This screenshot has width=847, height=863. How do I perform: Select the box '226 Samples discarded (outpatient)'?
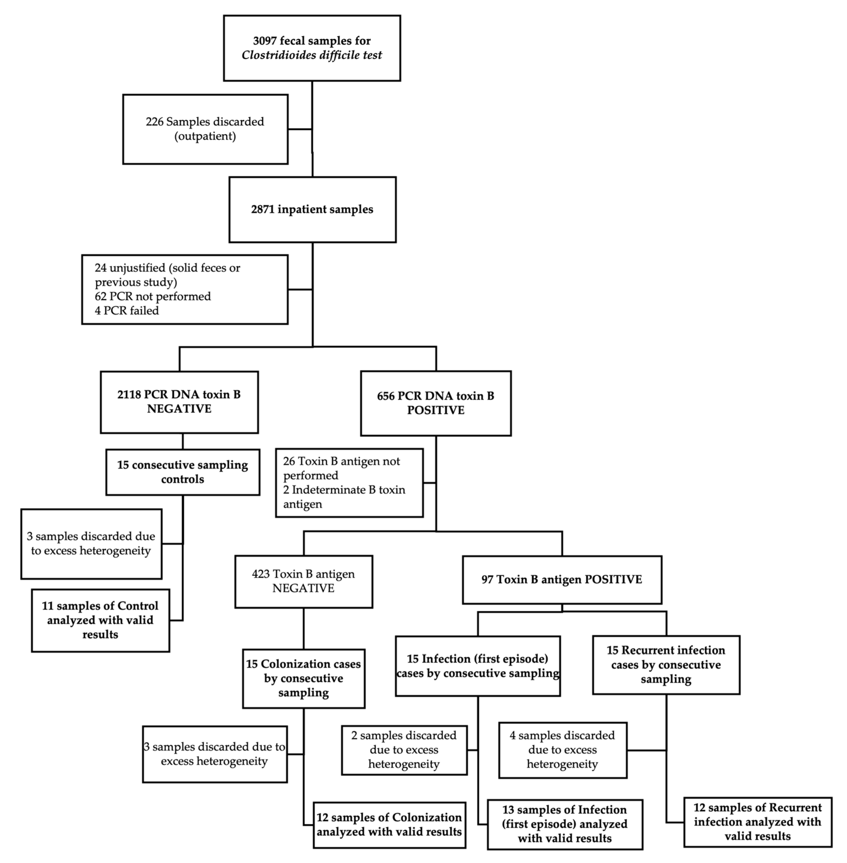coord(205,129)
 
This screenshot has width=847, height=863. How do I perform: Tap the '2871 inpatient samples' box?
coord(312,209)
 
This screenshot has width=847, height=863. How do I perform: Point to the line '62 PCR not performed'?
coord(153,296)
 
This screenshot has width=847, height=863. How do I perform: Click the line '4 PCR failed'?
coord(127,310)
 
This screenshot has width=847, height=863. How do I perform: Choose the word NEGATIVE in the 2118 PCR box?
coord(179,409)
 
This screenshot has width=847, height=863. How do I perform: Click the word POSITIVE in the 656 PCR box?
coord(435,410)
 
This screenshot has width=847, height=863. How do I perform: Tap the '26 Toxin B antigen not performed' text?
coord(341,468)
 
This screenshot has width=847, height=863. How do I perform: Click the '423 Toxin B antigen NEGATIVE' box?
coord(303,581)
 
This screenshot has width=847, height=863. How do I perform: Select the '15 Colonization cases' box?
coord(303,678)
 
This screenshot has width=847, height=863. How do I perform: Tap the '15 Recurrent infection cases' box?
coord(666,665)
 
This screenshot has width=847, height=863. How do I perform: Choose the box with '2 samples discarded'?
coord(404,750)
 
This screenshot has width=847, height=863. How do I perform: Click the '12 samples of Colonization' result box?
coord(389,825)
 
